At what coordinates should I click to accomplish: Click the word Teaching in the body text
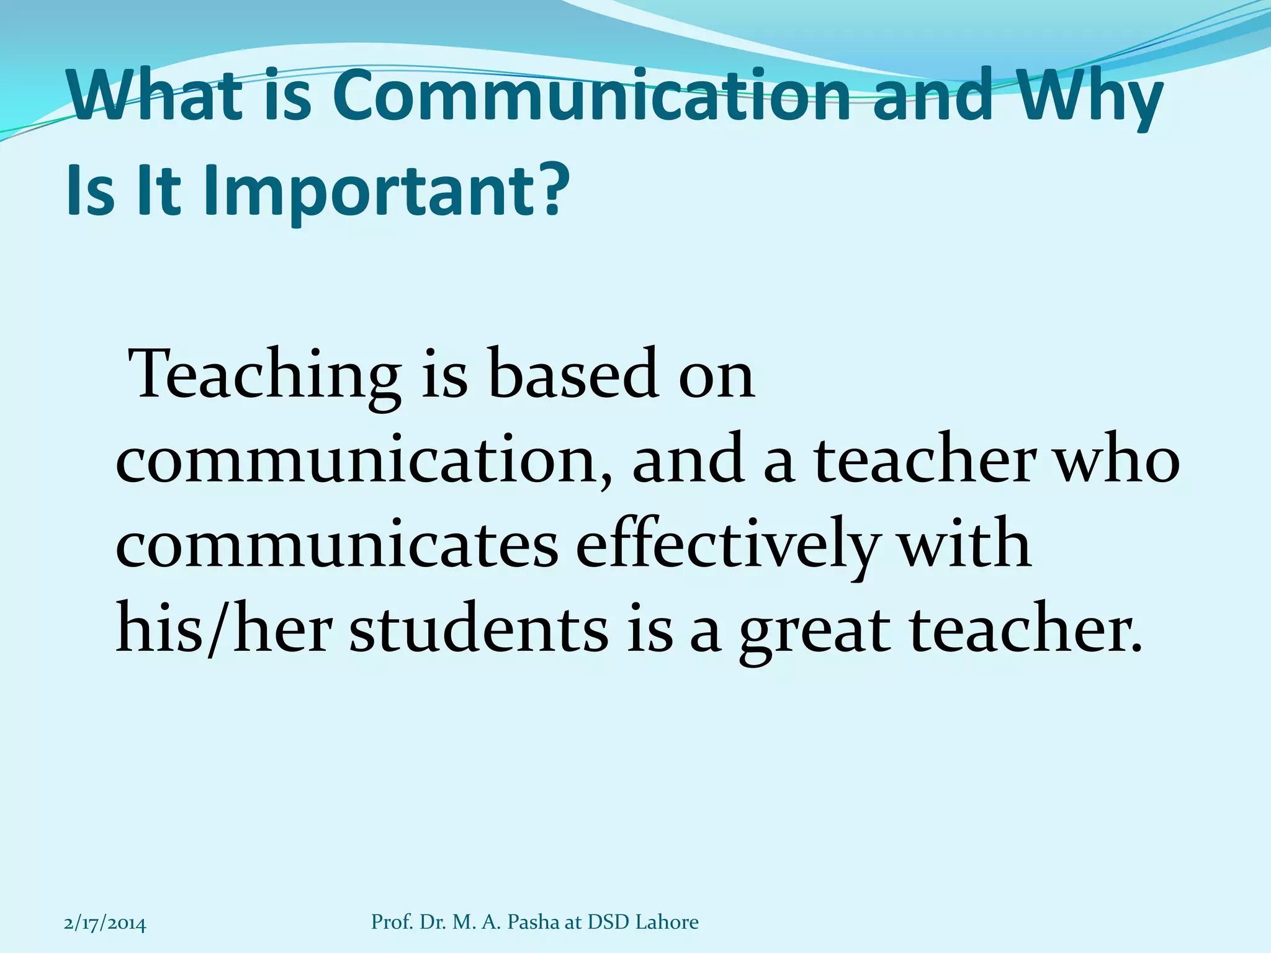pos(267,376)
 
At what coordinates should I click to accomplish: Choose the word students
pos(478,630)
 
